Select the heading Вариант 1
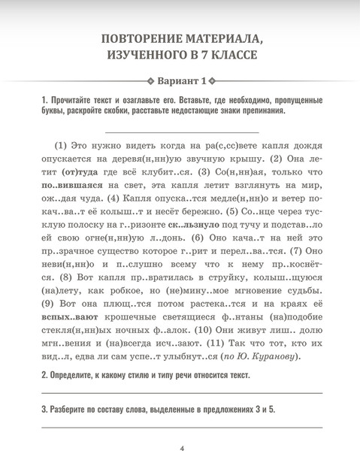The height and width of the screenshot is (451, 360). pyautogui.click(x=180, y=81)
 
